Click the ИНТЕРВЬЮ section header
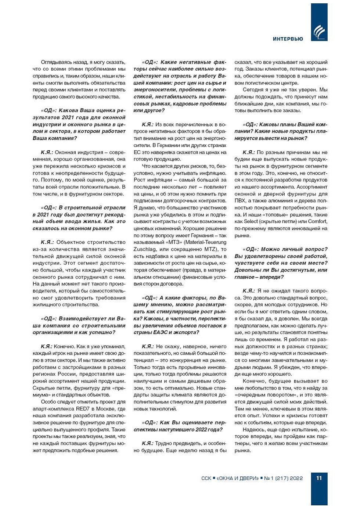tap(288, 39)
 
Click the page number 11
tap(319, 478)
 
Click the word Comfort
tap(318, 221)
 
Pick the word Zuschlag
tap(145, 249)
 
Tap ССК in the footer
tap(206, 478)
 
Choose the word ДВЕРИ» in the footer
tap(249, 478)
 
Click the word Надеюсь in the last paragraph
tap(254, 430)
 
